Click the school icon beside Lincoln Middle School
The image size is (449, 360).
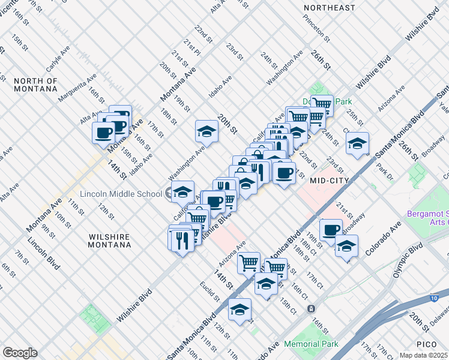[x=182, y=193]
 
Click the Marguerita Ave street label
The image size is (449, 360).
[x=77, y=87]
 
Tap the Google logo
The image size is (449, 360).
[x=20, y=353]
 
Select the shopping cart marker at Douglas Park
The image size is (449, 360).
[x=322, y=105]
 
